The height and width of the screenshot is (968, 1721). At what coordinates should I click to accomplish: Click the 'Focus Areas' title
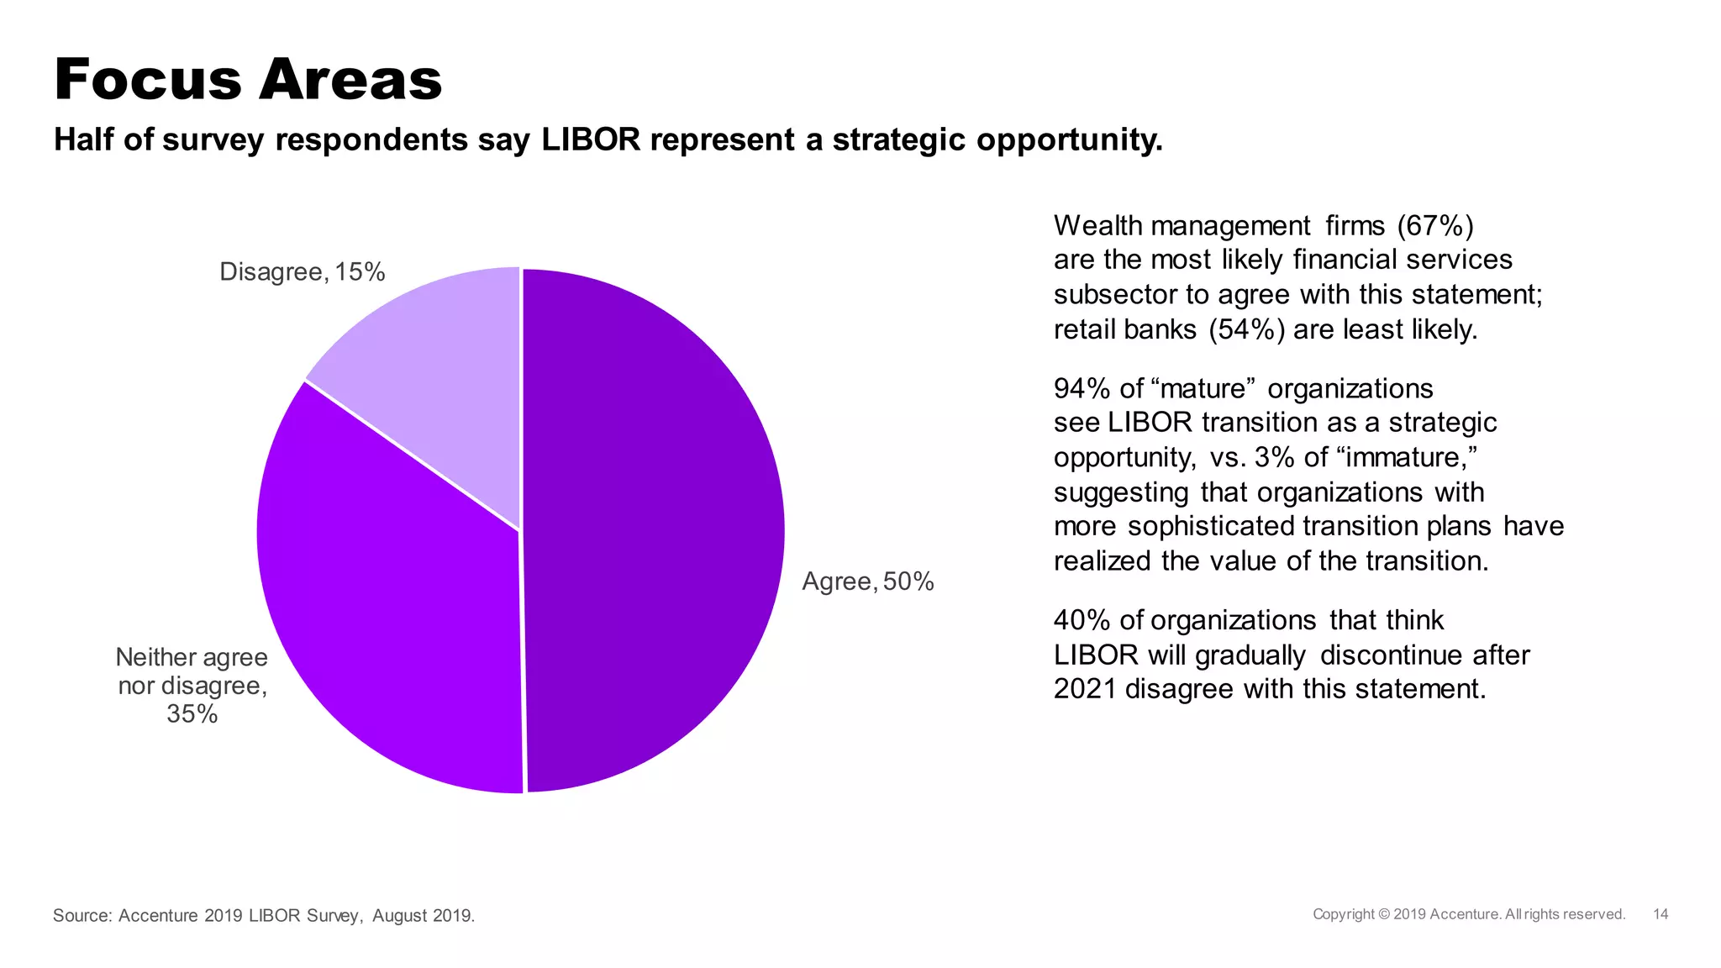click(248, 80)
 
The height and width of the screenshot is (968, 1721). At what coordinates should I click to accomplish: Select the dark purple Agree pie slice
click(655, 529)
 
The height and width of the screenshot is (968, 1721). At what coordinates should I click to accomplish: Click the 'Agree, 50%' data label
click(867, 581)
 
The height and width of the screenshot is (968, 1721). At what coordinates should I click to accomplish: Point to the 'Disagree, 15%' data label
click(302, 272)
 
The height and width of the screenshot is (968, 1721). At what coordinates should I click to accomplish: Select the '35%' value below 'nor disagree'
click(192, 714)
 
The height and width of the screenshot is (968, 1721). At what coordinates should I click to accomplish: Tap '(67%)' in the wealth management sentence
click(1435, 226)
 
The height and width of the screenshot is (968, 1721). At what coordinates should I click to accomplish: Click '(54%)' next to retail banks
click(1246, 329)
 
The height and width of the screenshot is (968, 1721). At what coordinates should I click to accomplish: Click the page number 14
click(1660, 914)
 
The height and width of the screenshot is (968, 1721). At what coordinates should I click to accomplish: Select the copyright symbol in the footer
click(1383, 914)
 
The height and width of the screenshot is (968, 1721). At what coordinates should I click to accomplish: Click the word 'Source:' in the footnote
click(82, 916)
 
